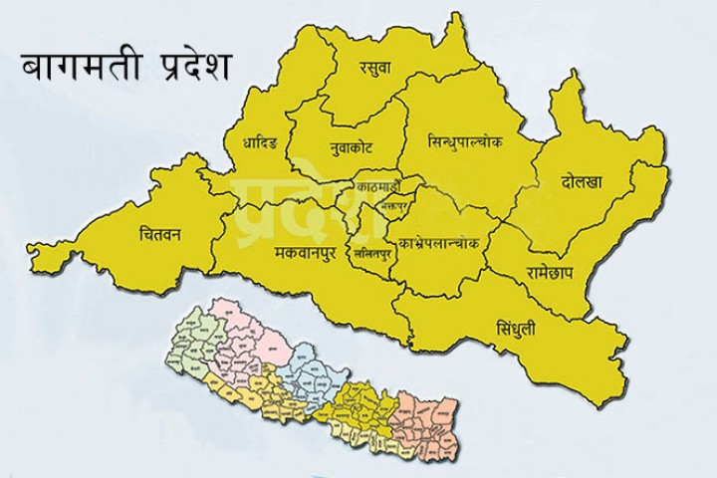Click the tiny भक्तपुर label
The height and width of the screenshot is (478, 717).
(395, 208)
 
